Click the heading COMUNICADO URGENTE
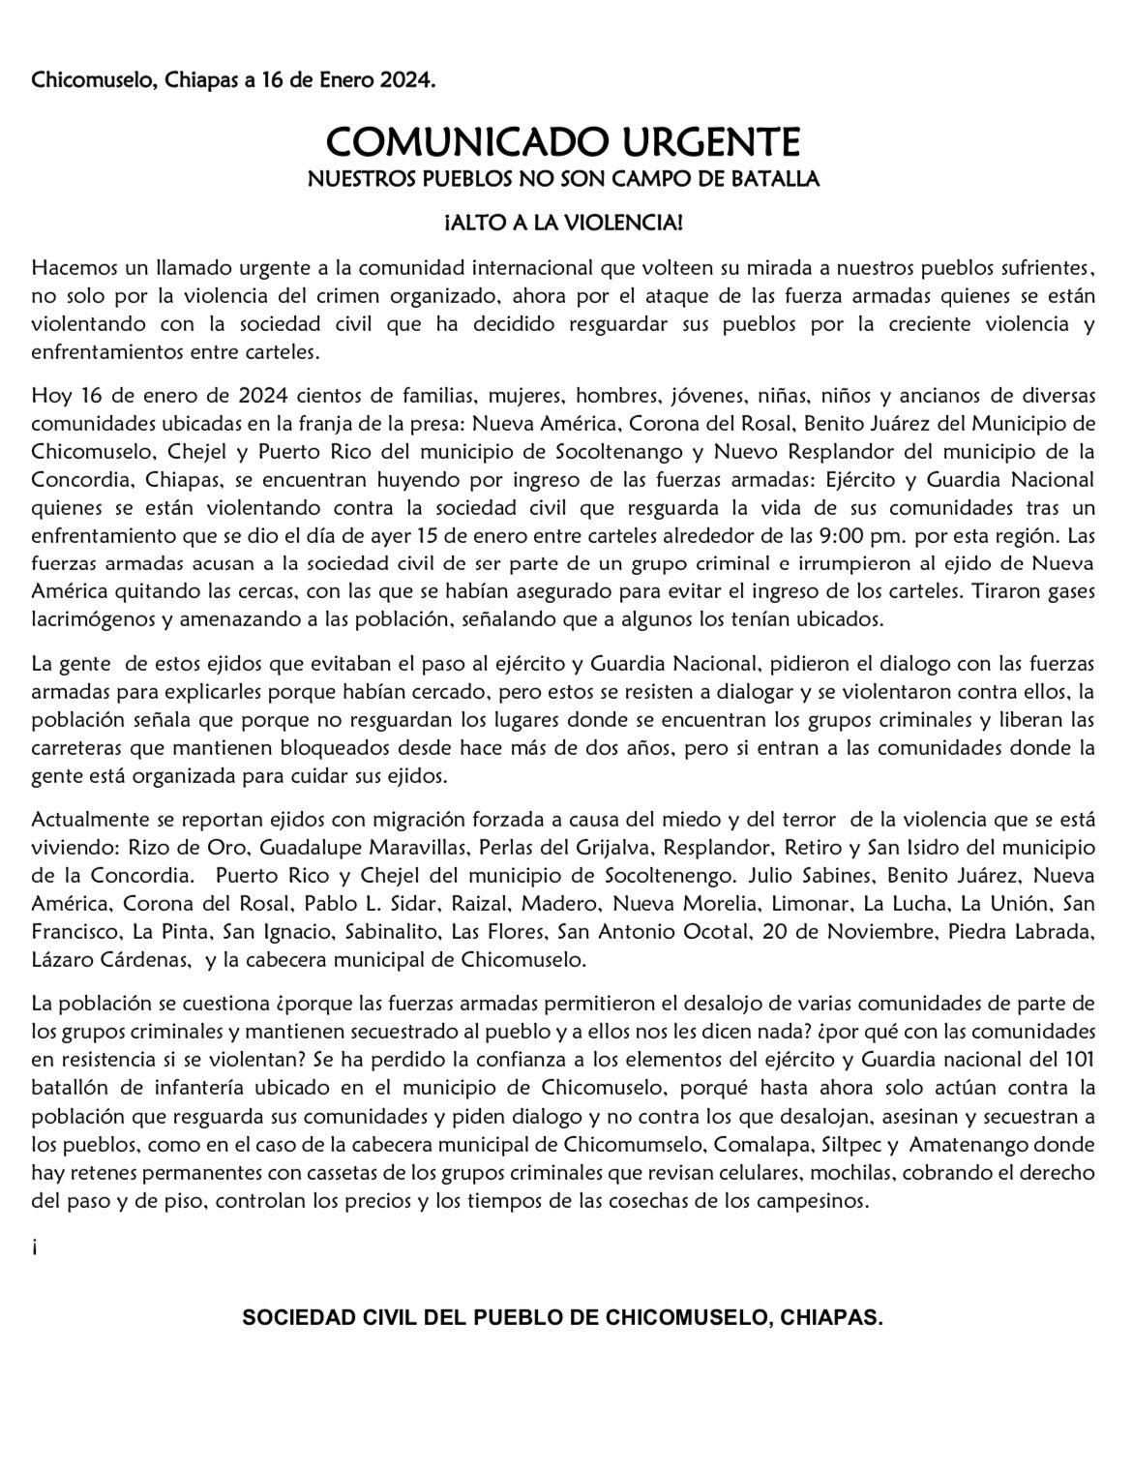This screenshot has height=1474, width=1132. click(x=563, y=142)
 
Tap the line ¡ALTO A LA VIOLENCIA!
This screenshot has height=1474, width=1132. click(x=563, y=224)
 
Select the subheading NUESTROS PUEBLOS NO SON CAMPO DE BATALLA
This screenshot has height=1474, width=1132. click(x=563, y=180)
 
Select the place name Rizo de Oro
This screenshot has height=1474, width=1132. click(x=180, y=847)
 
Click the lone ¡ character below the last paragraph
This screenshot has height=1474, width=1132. click(x=35, y=1248)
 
